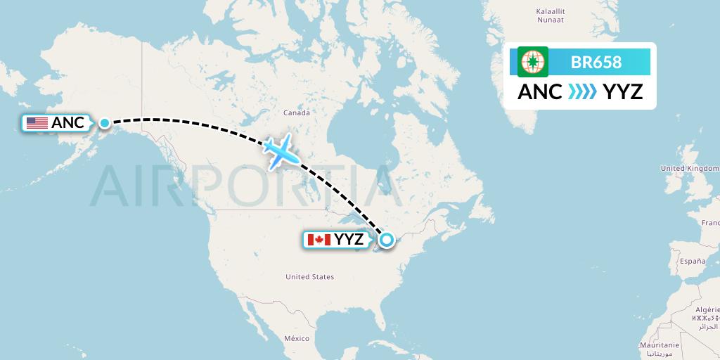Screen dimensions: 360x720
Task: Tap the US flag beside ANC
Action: click(37, 123)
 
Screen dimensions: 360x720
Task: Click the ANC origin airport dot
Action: click(105, 123)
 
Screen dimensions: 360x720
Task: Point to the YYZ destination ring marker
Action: click(386, 240)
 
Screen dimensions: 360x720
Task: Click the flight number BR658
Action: click(597, 62)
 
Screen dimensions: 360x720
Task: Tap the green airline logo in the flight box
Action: click(533, 62)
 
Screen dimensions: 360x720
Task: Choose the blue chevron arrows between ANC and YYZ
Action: click(581, 92)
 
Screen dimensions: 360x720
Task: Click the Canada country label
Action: click(296, 112)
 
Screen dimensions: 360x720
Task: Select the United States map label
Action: click(309, 277)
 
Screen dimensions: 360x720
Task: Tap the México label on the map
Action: click(297, 339)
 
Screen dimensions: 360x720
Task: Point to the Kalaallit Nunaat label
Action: click(551, 16)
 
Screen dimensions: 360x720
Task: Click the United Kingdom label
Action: click(689, 169)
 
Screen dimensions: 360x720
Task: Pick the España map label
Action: click(692, 261)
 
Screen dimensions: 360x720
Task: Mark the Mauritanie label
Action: click(659, 345)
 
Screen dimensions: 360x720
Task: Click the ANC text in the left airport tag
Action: click(68, 123)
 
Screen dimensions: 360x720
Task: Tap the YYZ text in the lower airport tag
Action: click(349, 240)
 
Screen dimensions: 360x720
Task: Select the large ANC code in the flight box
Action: click(540, 92)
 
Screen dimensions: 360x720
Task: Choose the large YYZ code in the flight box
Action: click(623, 92)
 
